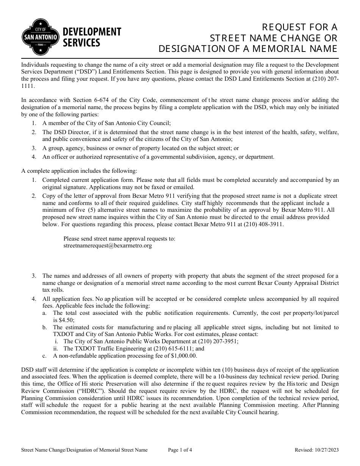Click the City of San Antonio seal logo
(x=41, y=37)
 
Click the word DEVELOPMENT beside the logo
(x=91, y=32)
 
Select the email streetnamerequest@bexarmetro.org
(x=108, y=246)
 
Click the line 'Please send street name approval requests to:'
(x=119, y=239)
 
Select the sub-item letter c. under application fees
(x=44, y=356)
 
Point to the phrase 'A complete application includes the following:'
(x=79, y=171)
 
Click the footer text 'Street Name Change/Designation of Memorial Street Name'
(x=84, y=450)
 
